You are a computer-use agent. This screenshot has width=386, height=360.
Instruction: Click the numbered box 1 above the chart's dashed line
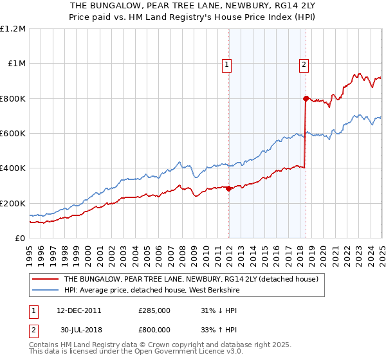coord(228,64)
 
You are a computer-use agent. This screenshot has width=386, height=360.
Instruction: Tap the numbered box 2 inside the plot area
coord(303,64)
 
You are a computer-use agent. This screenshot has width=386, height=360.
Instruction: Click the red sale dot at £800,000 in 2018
coord(306,98)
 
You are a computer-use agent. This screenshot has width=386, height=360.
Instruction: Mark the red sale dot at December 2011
coord(228,188)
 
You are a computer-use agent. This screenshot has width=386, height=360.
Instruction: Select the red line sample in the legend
coord(46,279)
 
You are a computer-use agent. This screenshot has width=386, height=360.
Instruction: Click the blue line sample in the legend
coord(46,290)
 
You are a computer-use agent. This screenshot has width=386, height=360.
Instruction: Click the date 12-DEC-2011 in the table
coord(79,310)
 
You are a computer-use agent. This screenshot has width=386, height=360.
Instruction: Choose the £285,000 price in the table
coord(154,310)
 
